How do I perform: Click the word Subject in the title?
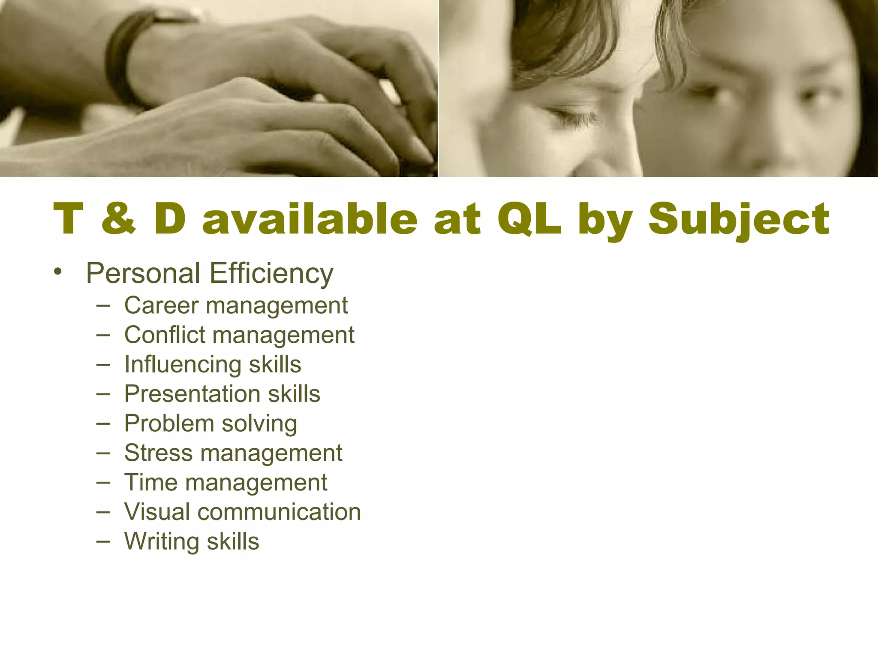click(739, 220)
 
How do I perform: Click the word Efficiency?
click(271, 274)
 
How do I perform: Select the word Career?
click(161, 305)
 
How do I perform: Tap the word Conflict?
click(165, 335)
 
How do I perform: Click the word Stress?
click(158, 453)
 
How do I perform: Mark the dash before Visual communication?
click(103, 512)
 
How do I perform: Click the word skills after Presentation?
click(294, 394)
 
